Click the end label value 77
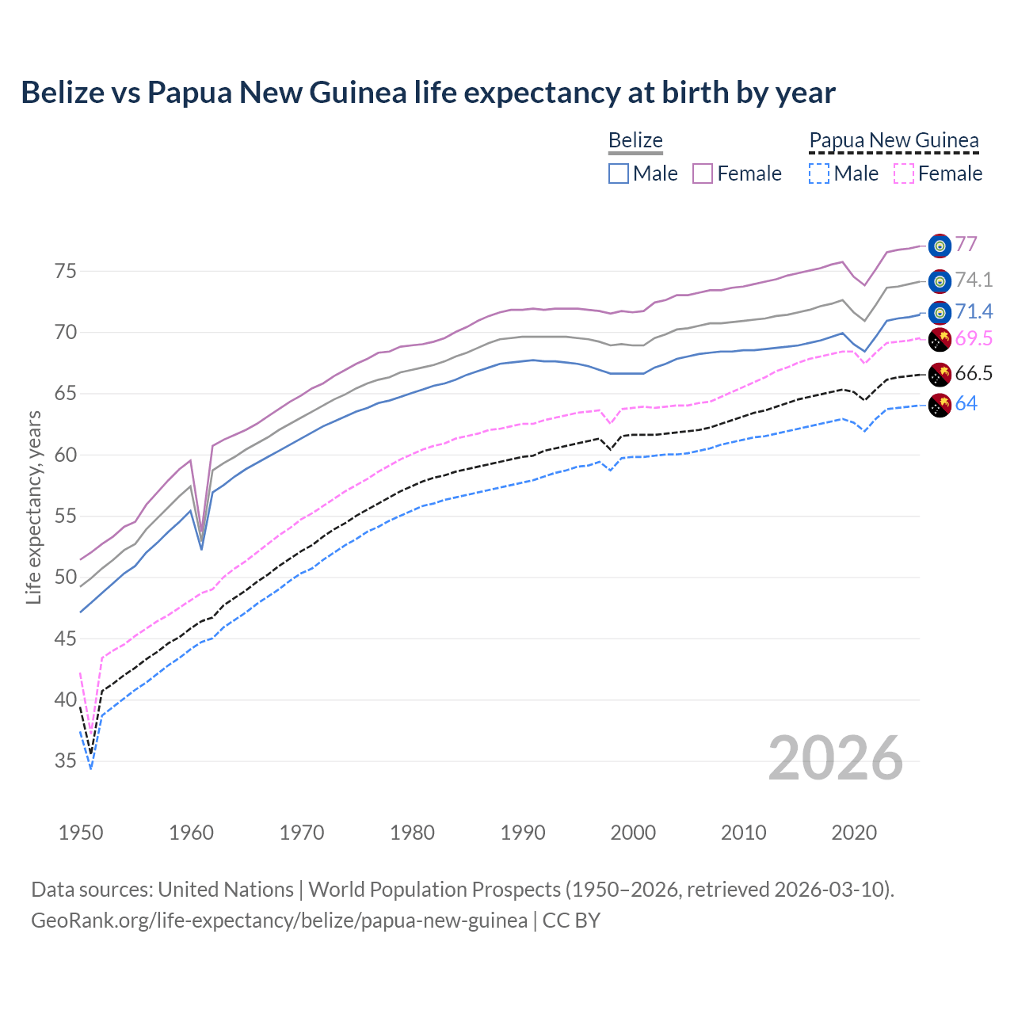[x=966, y=244]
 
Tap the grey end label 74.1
[x=974, y=280]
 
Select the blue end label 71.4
[x=974, y=311]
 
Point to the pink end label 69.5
[x=974, y=339]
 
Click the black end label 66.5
[x=974, y=374]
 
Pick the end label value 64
[x=966, y=404]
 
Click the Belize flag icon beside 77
[x=940, y=246]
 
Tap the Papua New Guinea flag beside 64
[x=940, y=405]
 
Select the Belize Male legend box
[x=619, y=173]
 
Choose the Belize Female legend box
[x=703, y=173]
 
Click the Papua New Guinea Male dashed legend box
[x=819, y=173]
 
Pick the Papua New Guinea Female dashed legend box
[x=904, y=173]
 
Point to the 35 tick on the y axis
[x=65, y=761]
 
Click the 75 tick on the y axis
[x=65, y=272]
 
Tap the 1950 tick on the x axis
[x=81, y=833]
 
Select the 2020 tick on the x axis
[x=854, y=833]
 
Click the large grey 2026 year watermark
[x=836, y=758]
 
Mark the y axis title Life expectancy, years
[x=34, y=507]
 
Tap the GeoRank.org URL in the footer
[x=279, y=921]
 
